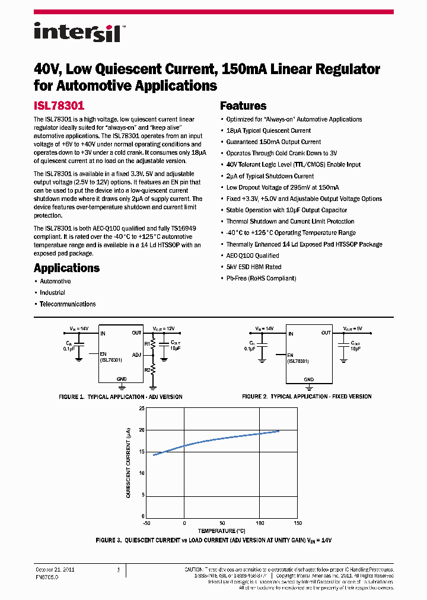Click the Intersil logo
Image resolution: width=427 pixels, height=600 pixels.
pos(77,32)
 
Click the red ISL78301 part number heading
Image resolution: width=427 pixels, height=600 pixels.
pos(59,106)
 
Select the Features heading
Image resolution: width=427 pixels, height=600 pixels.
pos(243,106)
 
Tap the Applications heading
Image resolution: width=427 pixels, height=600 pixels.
pos(66,267)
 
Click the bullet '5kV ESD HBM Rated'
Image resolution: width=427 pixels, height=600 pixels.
pos(253,267)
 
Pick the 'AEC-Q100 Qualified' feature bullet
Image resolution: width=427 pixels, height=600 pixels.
pos(253,256)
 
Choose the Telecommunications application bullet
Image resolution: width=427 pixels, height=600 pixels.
pos(67,304)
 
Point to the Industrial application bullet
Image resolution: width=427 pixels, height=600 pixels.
pos(52,293)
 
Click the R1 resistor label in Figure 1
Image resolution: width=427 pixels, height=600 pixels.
pos(147,343)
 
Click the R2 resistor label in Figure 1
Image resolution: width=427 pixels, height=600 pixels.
pos(147,369)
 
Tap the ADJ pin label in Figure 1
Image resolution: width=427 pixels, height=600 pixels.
pos(136,355)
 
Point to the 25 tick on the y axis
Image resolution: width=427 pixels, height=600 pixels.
pos(141,408)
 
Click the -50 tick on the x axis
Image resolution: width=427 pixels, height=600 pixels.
pos(146,523)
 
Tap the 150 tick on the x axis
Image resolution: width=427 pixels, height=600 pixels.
pos(298,523)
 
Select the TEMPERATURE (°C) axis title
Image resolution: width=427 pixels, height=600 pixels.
pos(221,531)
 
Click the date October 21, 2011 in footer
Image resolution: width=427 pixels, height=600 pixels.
pos(55,570)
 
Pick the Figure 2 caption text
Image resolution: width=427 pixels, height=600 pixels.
pos(307,396)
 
